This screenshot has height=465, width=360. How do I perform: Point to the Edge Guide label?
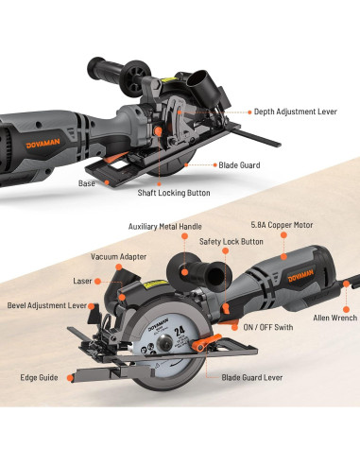[x=38, y=376]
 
